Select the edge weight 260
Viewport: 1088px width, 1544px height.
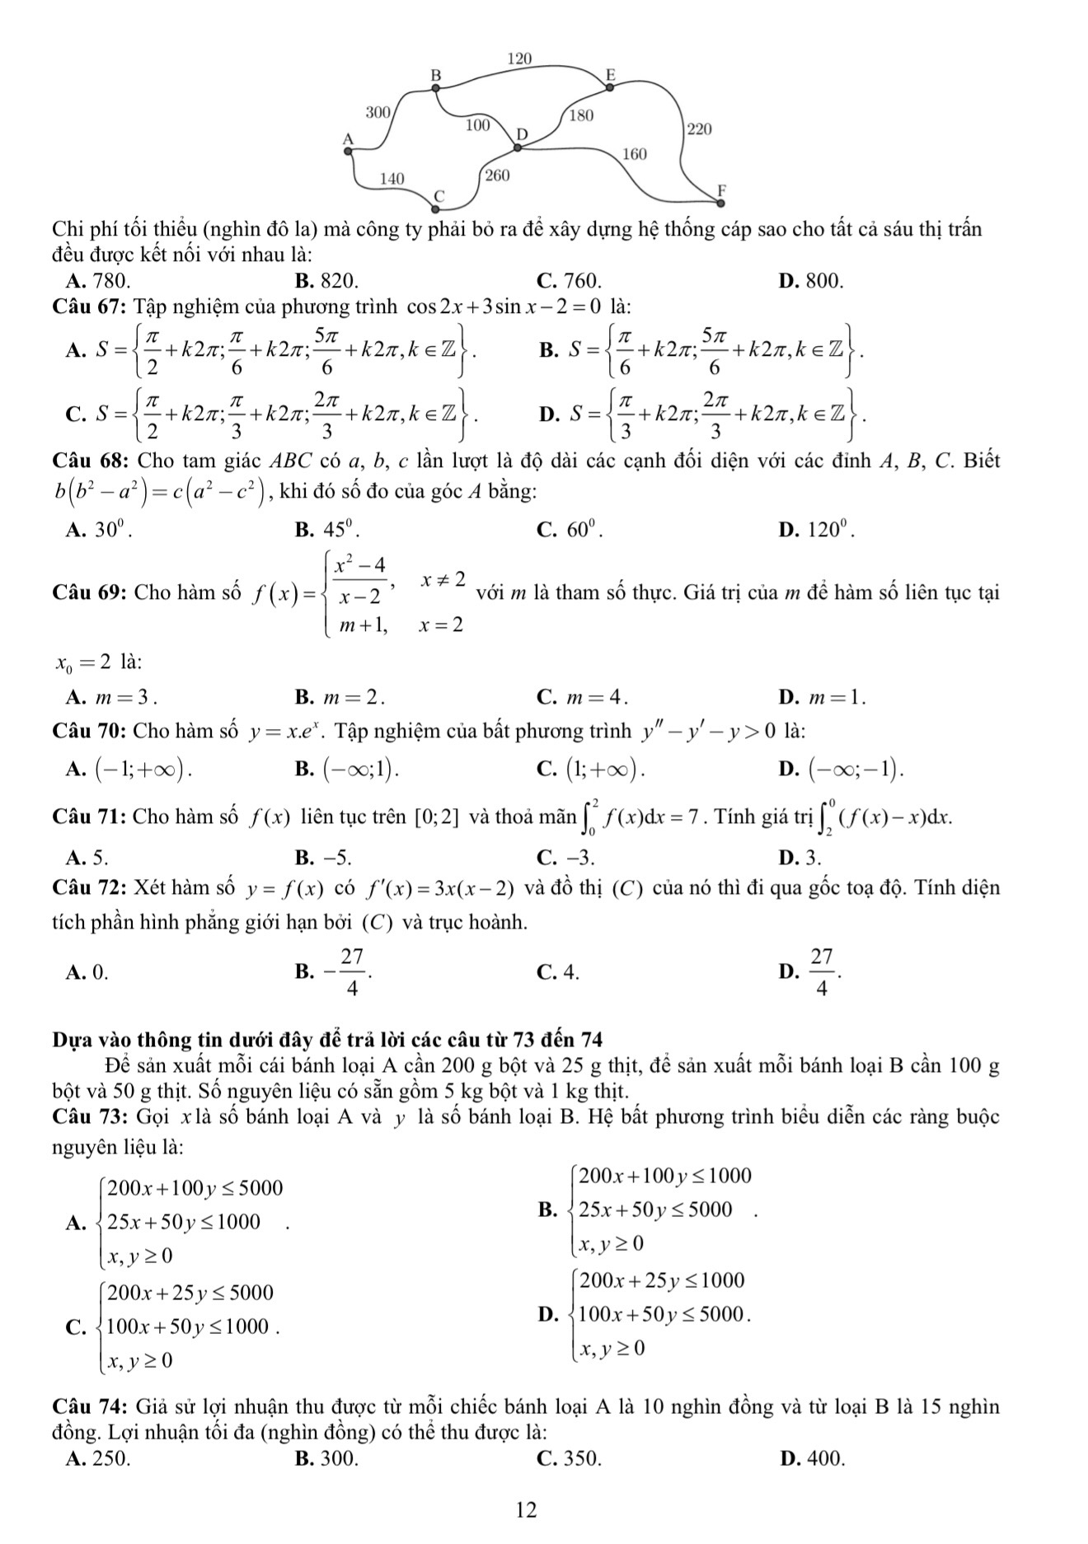click(497, 175)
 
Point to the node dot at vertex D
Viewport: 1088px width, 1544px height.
click(518, 148)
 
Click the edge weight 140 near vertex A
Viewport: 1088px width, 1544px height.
click(392, 178)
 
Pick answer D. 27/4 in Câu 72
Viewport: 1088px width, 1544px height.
click(812, 972)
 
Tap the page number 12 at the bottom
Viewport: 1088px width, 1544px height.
click(526, 1509)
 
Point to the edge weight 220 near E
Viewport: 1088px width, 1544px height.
click(698, 129)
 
